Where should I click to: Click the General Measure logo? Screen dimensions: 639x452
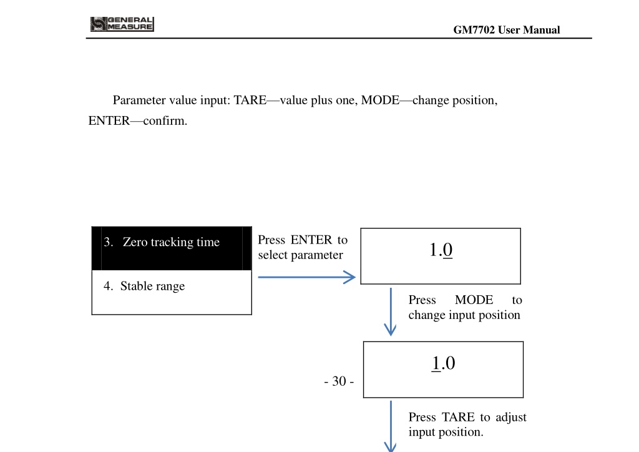click(122, 24)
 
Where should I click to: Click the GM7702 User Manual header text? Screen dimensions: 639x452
click(507, 30)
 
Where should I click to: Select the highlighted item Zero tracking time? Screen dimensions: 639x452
click(171, 242)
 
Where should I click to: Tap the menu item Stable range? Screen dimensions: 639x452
click(152, 286)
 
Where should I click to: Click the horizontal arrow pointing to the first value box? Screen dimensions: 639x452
click(306, 277)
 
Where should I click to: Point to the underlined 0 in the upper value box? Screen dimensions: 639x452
click(447, 250)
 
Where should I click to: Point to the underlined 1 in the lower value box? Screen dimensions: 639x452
click(436, 363)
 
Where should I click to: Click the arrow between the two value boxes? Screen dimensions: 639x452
click(391, 312)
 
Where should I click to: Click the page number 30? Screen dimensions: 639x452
click(339, 381)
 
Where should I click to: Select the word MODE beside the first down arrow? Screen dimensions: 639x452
click(474, 300)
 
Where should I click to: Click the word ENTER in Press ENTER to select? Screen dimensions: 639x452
click(311, 240)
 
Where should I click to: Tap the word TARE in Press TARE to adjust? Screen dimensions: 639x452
click(458, 417)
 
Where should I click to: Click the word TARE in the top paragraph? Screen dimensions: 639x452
click(250, 100)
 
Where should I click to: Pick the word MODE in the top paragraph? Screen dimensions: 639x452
click(380, 100)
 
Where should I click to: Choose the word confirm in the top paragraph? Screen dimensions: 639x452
click(165, 120)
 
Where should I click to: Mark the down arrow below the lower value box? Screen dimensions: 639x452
click(391, 426)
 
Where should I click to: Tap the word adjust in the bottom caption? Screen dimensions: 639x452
click(511, 418)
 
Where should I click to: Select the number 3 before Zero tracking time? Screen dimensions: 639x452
click(107, 242)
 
